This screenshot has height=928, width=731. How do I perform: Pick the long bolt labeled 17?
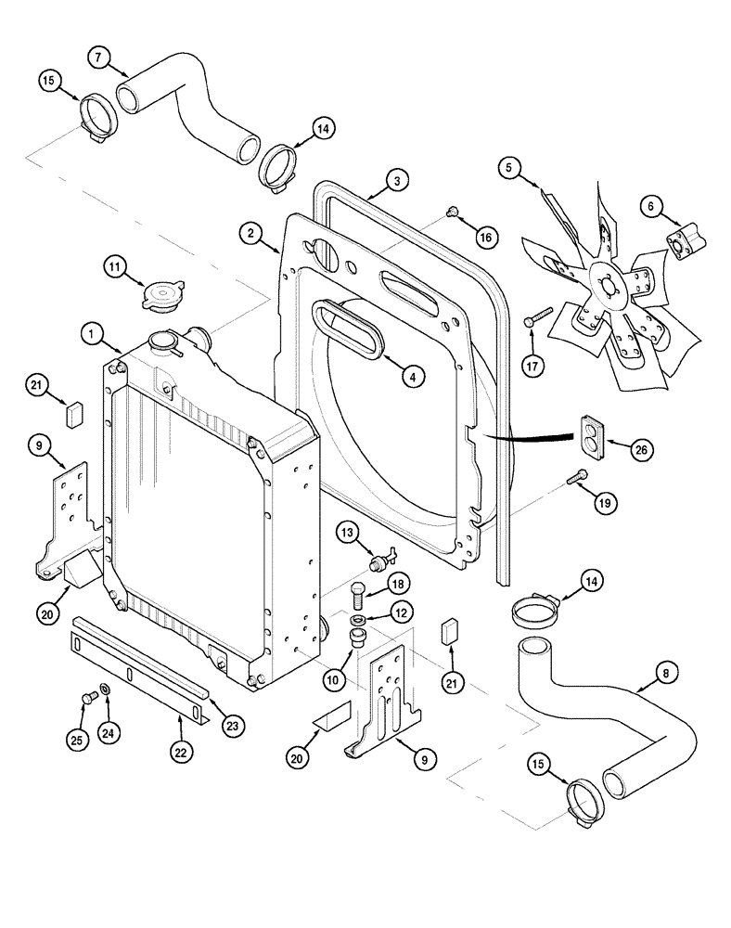(x=537, y=316)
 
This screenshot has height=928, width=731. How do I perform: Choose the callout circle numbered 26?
(x=640, y=449)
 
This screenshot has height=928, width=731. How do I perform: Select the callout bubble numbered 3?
(x=395, y=180)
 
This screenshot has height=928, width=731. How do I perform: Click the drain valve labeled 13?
(x=381, y=561)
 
